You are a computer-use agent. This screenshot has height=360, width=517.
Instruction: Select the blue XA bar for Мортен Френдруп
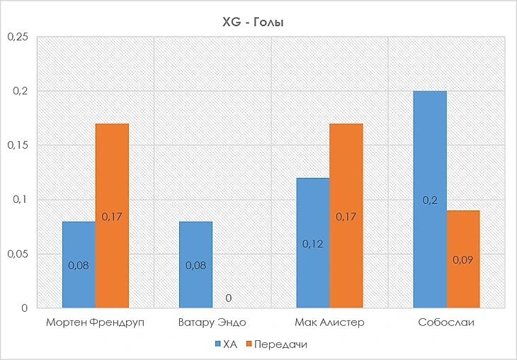tap(79, 264)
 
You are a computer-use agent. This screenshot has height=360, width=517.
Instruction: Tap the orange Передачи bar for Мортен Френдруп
tap(112, 215)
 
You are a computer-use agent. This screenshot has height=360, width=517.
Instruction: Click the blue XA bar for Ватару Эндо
tap(195, 264)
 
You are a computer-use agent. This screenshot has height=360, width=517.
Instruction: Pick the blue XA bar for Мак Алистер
tap(313, 243)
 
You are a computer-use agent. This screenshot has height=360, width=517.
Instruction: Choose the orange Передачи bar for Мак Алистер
tap(346, 215)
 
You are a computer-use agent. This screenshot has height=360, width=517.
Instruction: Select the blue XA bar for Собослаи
tap(431, 199)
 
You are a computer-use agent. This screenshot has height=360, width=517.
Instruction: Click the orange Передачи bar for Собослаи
tap(463, 259)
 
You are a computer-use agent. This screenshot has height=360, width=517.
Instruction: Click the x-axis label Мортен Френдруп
tap(95, 323)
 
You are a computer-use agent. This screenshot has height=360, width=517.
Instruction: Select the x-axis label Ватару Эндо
tap(212, 323)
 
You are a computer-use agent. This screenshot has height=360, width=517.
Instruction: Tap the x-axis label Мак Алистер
tap(329, 323)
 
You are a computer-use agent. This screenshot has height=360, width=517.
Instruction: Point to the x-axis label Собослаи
tap(446, 323)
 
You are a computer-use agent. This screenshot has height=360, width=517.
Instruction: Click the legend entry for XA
tap(225, 344)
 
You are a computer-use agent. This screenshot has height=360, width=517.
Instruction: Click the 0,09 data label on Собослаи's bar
tap(463, 259)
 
